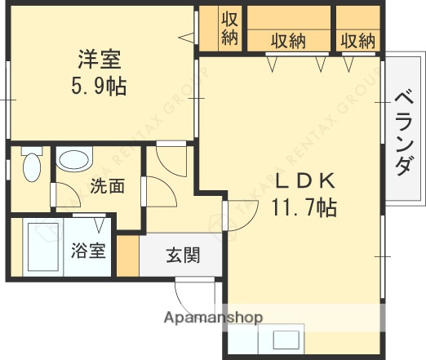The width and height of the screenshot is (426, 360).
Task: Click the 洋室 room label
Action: [x=100, y=59]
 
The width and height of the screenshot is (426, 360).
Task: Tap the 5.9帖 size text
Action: [x=100, y=85]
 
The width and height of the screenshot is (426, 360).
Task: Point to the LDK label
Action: [x=304, y=181]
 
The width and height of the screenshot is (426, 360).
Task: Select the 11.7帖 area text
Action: [x=304, y=207]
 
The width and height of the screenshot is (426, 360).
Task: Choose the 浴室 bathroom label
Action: [x=88, y=250]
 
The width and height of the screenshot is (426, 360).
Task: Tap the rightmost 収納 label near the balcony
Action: [x=358, y=40]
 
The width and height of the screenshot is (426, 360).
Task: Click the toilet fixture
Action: [x=32, y=167]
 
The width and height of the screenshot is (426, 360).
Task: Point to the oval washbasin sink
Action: [x=75, y=160]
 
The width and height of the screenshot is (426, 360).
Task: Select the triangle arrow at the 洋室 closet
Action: [x=188, y=36]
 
